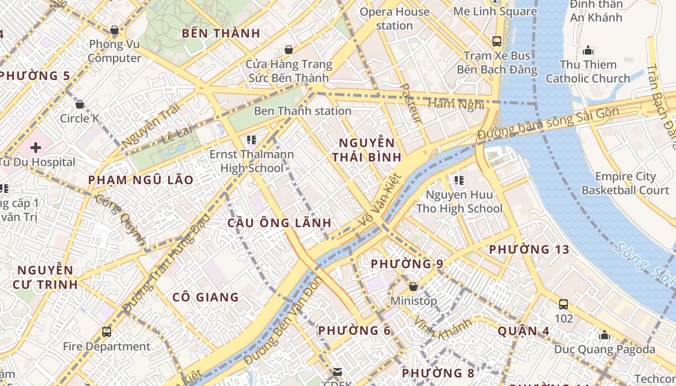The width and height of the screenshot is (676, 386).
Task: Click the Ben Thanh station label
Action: pyautogui.click(x=303, y=111)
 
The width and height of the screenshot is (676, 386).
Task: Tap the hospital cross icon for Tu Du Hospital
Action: pyautogui.click(x=36, y=148)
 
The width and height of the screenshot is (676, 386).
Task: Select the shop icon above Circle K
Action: pyautogui.click(x=80, y=104)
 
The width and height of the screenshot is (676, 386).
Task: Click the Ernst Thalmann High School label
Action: pyautogui.click(x=251, y=162)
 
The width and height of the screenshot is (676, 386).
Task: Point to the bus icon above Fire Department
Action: pyautogui.click(x=107, y=332)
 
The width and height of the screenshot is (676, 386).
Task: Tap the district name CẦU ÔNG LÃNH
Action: pyautogui.click(x=280, y=223)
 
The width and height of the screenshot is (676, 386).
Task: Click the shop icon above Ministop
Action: pyautogui.click(x=413, y=287)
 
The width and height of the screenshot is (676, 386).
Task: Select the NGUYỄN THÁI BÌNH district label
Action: pyautogui.click(x=370, y=150)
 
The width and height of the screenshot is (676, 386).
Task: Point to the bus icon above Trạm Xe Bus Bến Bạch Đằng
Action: pyautogui.click(x=497, y=41)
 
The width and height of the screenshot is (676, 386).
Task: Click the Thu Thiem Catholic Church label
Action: pyautogui.click(x=588, y=71)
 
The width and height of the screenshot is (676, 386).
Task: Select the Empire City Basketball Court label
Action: pyautogui.click(x=625, y=183)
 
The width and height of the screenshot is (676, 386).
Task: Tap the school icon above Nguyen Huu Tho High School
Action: pyautogui.click(x=459, y=180)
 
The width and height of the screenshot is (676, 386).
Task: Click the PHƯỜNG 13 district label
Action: pyautogui.click(x=529, y=249)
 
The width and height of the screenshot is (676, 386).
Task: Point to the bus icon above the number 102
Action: pyautogui.click(x=563, y=304)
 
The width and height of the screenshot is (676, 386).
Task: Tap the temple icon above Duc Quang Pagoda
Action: pyautogui.click(x=604, y=335)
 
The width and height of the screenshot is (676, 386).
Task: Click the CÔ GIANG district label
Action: pyautogui.click(x=205, y=297)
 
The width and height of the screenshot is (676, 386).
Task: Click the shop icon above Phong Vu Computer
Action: pyautogui.click(x=114, y=30)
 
